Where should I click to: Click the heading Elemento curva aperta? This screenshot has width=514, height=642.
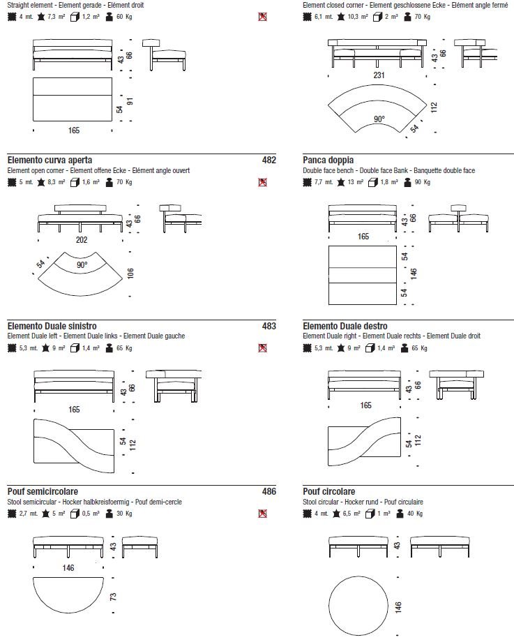[50, 160]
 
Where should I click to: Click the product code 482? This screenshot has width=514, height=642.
[269, 160]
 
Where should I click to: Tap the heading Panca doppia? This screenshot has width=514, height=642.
[328, 160]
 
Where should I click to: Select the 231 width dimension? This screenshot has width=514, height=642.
[379, 75]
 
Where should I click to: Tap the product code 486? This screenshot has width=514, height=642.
[269, 492]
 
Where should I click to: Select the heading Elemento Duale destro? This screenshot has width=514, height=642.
[345, 326]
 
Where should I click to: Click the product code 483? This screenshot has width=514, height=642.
[269, 326]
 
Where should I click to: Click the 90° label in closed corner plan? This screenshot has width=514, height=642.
[378, 119]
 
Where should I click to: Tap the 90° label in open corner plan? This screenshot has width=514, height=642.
[82, 266]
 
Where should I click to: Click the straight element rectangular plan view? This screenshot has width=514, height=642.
[73, 98]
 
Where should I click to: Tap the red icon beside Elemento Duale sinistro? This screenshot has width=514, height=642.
[262, 348]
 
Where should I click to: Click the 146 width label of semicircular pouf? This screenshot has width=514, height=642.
[68, 568]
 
